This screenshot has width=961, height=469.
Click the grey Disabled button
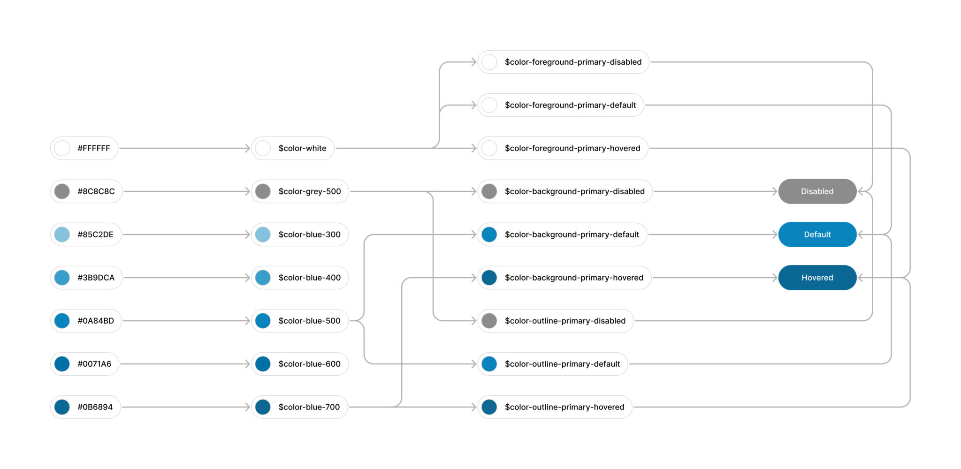tap(817, 191)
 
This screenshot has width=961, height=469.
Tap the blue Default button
tap(817, 234)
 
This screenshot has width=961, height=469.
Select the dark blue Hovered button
tap(817, 278)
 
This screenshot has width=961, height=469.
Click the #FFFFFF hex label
tap(94, 148)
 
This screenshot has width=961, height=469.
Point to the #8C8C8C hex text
tap(96, 191)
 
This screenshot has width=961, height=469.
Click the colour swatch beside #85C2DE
tap(62, 234)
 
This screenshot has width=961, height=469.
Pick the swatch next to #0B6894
tap(62, 407)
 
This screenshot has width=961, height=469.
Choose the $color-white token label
tap(302, 148)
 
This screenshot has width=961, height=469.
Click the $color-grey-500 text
tap(310, 191)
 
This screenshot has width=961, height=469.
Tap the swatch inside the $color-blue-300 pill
tap(263, 234)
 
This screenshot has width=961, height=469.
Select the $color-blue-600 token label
tap(310, 364)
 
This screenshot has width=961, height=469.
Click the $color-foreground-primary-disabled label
tap(573, 62)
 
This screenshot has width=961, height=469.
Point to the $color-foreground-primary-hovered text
tap(572, 148)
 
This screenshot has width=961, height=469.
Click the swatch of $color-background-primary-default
tap(489, 234)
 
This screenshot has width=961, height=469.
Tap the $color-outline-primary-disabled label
tap(565, 321)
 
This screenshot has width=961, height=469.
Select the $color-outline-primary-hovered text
tap(564, 407)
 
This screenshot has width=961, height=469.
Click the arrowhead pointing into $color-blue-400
tap(247, 278)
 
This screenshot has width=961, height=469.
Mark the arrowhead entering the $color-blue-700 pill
tap(247, 407)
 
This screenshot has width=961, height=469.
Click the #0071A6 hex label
tap(94, 364)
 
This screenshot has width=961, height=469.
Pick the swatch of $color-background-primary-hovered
tap(489, 278)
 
